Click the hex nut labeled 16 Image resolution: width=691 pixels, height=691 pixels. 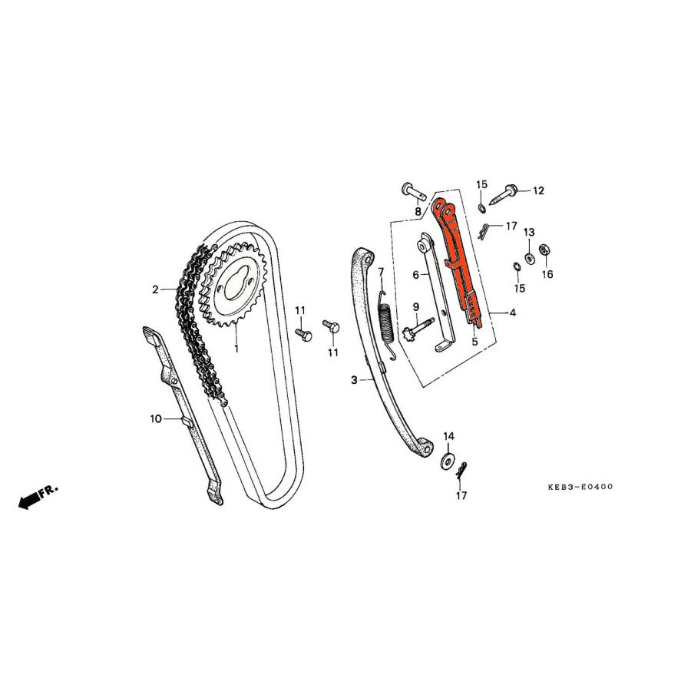point(544,250)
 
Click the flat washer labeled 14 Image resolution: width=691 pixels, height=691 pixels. point(447,462)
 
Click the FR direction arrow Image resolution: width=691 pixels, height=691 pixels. point(31,500)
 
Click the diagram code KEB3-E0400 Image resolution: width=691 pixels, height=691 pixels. point(580,487)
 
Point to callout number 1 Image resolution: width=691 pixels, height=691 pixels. point(236,348)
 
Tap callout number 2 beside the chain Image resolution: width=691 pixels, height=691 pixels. point(155,289)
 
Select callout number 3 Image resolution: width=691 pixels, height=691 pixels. point(354,379)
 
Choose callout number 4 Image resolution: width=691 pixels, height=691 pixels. point(512,312)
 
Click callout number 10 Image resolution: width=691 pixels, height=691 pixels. point(154,418)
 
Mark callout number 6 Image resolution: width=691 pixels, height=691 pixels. point(415,274)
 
